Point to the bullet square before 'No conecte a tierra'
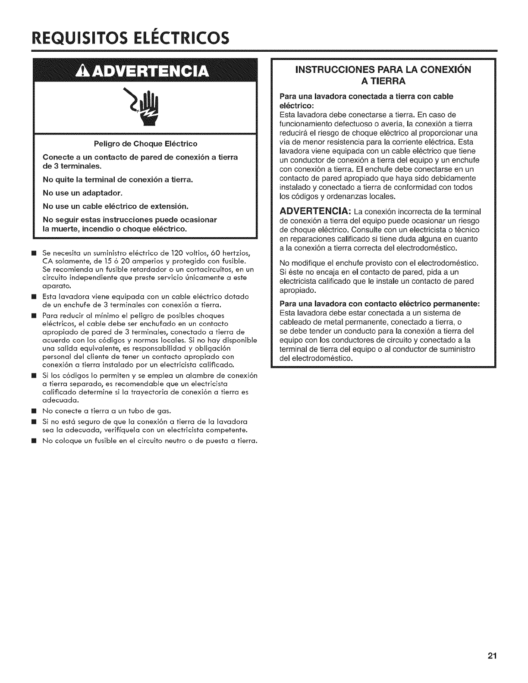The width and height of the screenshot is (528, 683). [36, 410]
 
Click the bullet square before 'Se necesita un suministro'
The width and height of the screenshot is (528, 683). [36, 252]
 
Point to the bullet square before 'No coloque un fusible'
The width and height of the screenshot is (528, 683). [36, 441]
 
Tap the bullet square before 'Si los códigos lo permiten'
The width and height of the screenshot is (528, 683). [36, 376]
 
